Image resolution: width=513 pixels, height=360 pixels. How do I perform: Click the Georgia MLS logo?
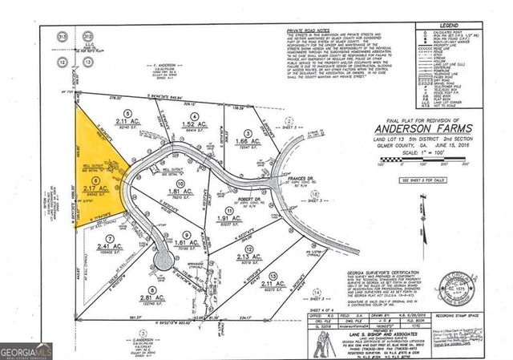point(26,350)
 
